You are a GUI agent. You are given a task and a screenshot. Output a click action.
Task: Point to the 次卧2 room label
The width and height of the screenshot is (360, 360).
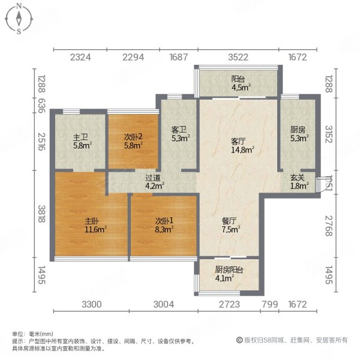click(x=133, y=136)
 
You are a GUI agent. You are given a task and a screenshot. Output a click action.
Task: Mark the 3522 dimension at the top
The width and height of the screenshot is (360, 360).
click(x=238, y=58)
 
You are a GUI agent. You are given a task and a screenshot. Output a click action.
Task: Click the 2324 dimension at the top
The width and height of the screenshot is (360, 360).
click(x=80, y=58)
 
